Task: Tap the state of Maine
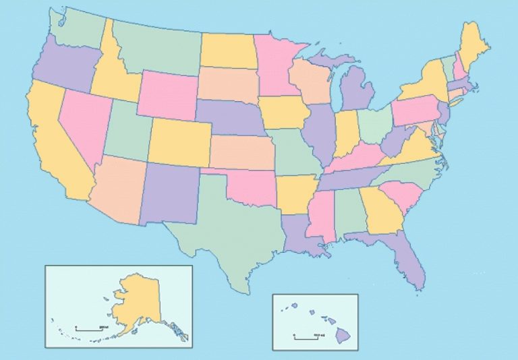coord(472,44)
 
